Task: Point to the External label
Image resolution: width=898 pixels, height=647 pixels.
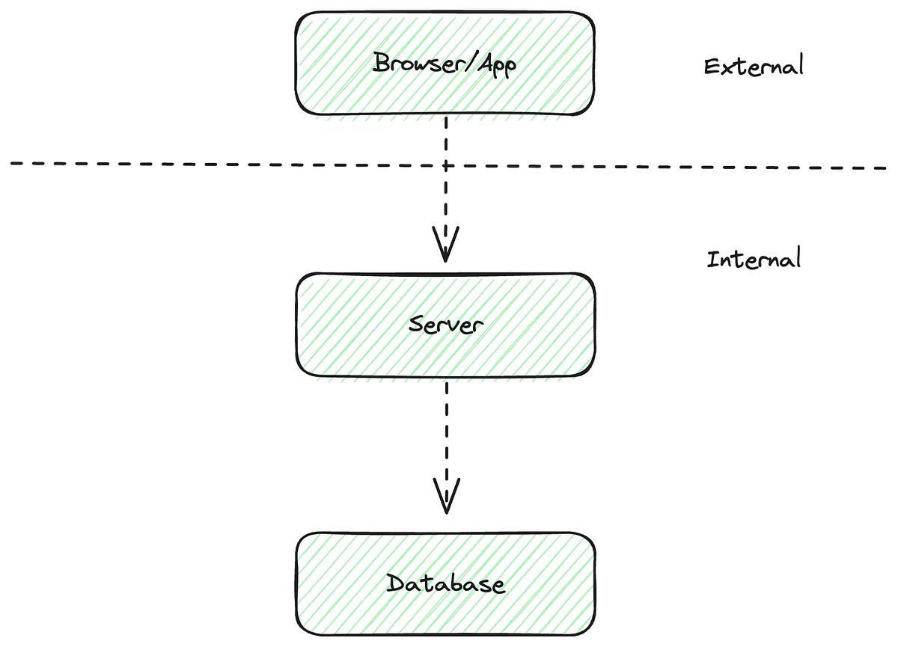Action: pos(754,66)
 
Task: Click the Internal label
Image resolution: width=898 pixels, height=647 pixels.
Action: pos(754,260)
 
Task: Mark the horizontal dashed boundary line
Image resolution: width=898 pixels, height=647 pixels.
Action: pos(224,164)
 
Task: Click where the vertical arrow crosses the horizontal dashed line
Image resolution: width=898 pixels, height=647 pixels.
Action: pos(446,165)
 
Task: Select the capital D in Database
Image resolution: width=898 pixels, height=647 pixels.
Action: pos(394,583)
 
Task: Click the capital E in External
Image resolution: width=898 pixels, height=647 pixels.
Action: pos(712,66)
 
